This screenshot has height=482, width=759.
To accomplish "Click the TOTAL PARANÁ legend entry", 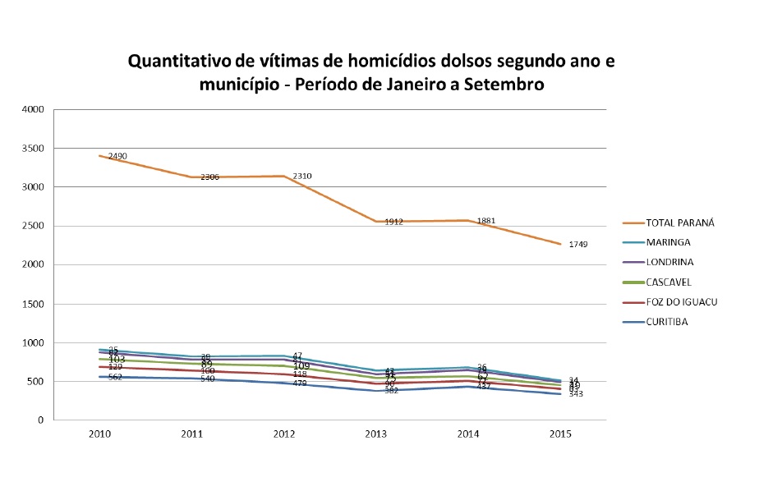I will tap(680, 223).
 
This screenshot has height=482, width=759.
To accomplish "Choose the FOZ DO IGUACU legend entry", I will tap(682, 301).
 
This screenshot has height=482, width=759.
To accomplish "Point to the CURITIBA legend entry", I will tap(667, 321).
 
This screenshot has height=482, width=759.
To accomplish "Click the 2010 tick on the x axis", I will tap(100, 433).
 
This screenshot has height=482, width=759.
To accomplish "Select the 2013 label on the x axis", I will tap(376, 433).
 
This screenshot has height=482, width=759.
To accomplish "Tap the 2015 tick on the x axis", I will tap(560, 433).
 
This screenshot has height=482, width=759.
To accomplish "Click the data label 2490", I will tap(117, 156).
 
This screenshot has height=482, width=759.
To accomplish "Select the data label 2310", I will tap(301, 176).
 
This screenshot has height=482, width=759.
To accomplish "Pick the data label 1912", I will tap(393, 222).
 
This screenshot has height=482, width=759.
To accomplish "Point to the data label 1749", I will tap(578, 245).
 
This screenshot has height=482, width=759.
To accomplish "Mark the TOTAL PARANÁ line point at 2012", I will tap(284, 176).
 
